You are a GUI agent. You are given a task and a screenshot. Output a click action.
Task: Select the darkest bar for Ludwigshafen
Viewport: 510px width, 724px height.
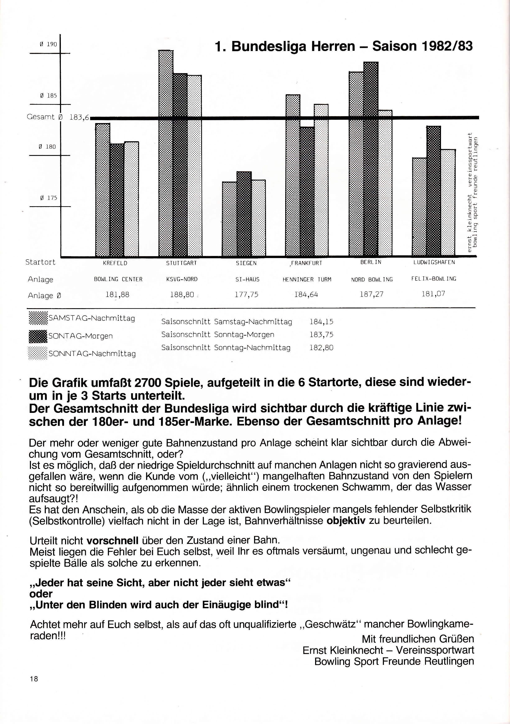click(434, 191)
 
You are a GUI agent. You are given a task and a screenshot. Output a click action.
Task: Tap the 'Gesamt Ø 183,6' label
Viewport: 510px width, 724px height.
click(58, 117)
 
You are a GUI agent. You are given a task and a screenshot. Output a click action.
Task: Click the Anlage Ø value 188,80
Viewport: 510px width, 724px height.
click(182, 295)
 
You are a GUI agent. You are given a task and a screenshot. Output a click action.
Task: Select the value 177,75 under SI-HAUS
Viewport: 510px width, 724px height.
click(247, 295)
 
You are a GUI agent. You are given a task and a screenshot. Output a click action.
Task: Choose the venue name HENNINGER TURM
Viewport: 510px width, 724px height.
click(307, 279)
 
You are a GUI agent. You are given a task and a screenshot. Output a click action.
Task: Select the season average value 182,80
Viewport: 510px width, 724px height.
click(321, 348)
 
